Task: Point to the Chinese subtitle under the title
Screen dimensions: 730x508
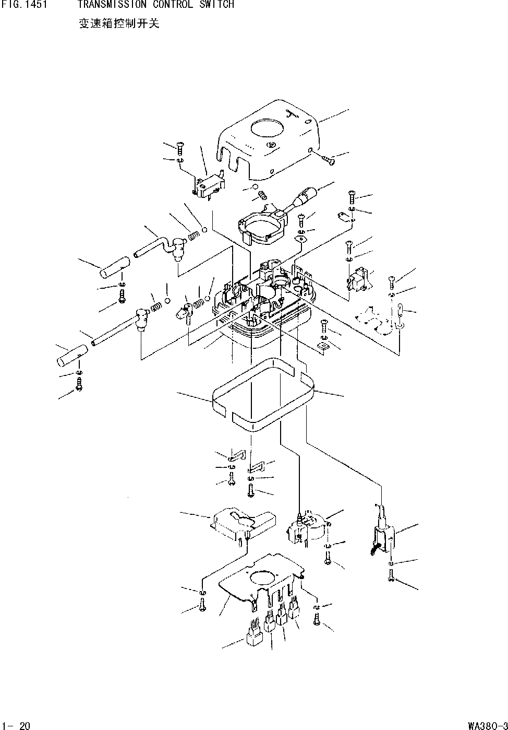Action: tap(119, 24)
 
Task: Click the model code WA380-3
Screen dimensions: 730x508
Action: tap(487, 725)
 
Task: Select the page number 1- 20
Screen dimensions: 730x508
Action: tap(17, 725)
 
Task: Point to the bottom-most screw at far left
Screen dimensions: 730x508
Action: tap(79, 386)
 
